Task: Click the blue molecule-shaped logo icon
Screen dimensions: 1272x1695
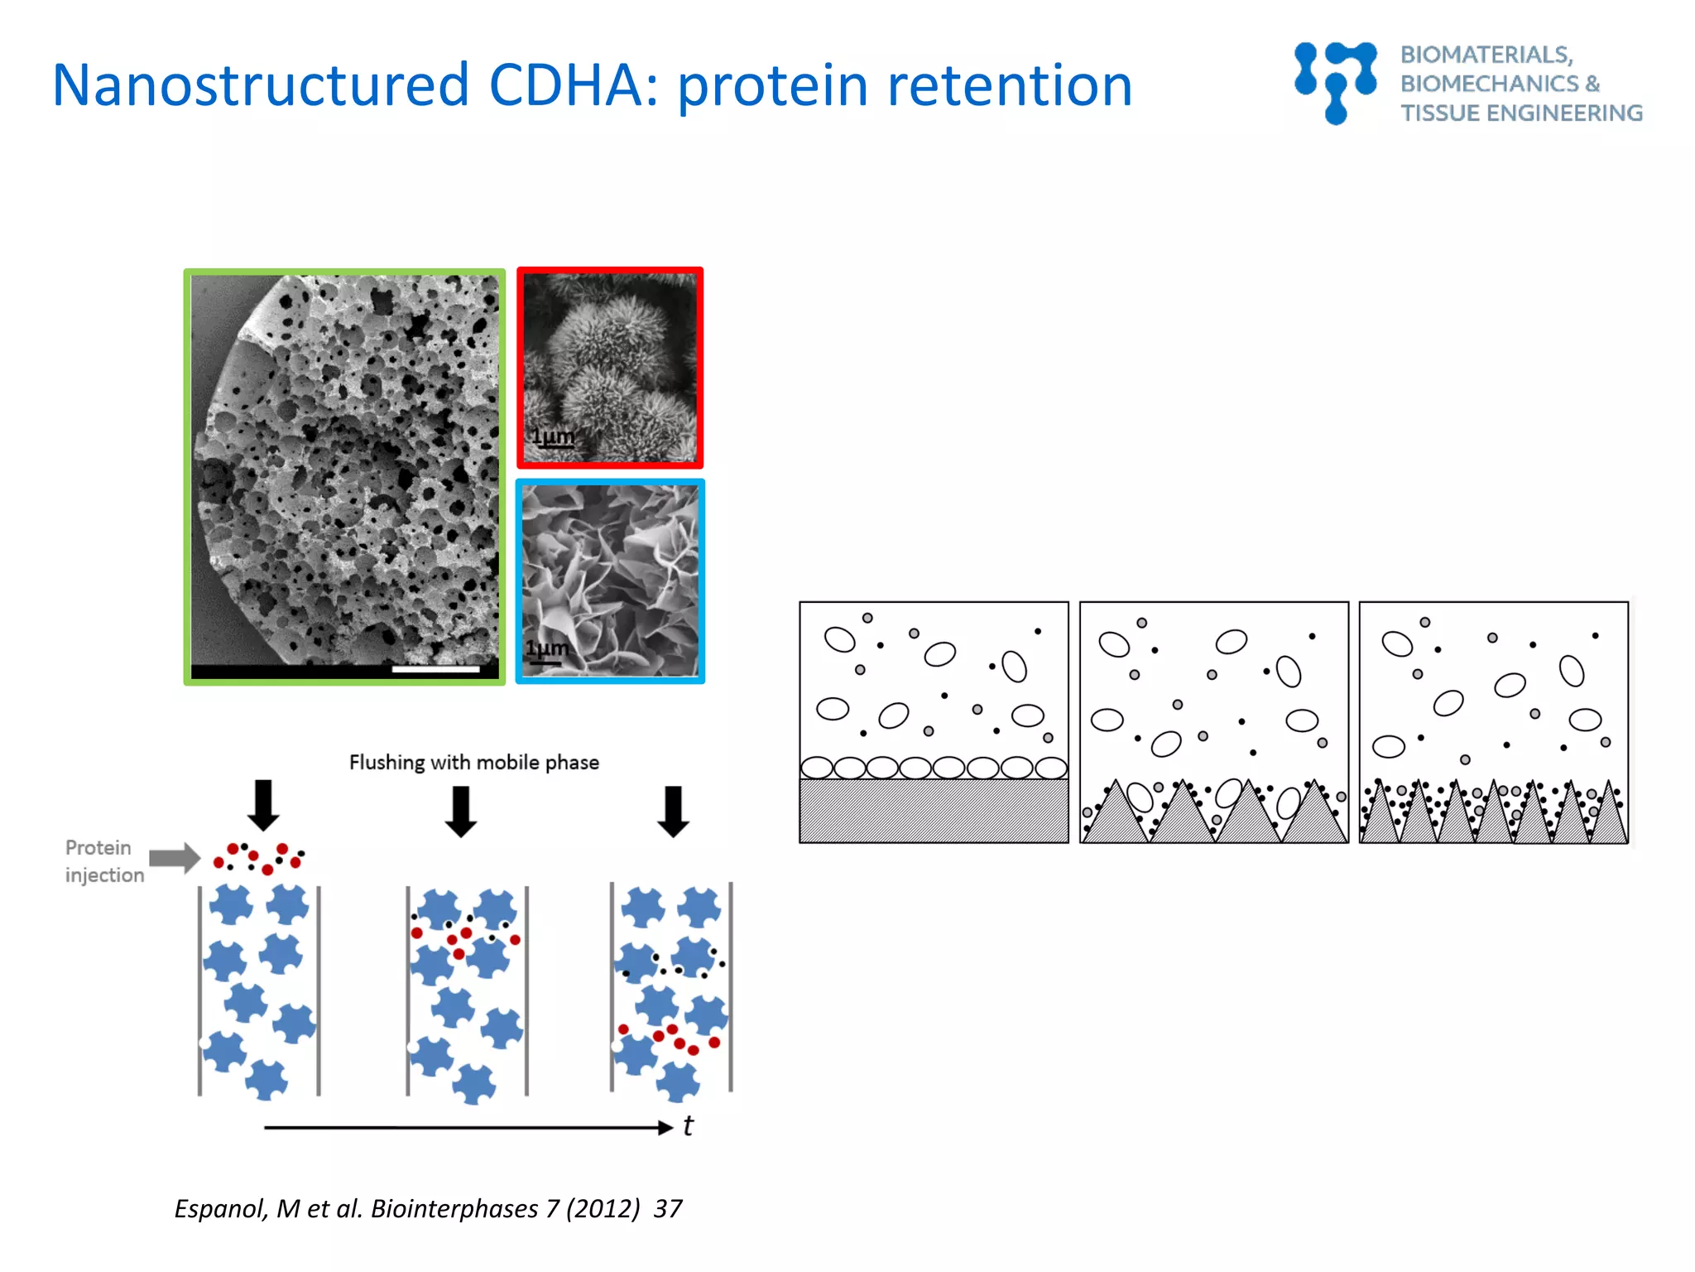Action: point(1334,82)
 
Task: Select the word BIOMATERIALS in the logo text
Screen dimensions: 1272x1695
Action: point(1486,55)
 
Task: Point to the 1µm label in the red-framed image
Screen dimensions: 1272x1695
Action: point(552,436)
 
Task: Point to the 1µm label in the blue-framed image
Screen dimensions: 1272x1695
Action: point(547,648)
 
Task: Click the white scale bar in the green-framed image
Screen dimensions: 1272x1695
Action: point(435,668)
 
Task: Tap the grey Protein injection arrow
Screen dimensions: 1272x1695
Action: point(175,858)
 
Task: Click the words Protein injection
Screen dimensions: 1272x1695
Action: point(103,861)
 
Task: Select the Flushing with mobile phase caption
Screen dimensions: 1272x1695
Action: point(473,762)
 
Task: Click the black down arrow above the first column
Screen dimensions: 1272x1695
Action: point(263,804)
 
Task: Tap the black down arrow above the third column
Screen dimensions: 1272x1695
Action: point(673,811)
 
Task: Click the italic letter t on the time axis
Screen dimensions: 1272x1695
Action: point(688,1126)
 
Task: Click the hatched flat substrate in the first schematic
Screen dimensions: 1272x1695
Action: point(933,811)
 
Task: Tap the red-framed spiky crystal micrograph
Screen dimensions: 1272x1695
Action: point(610,368)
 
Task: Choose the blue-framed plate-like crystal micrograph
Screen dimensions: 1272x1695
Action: point(610,581)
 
